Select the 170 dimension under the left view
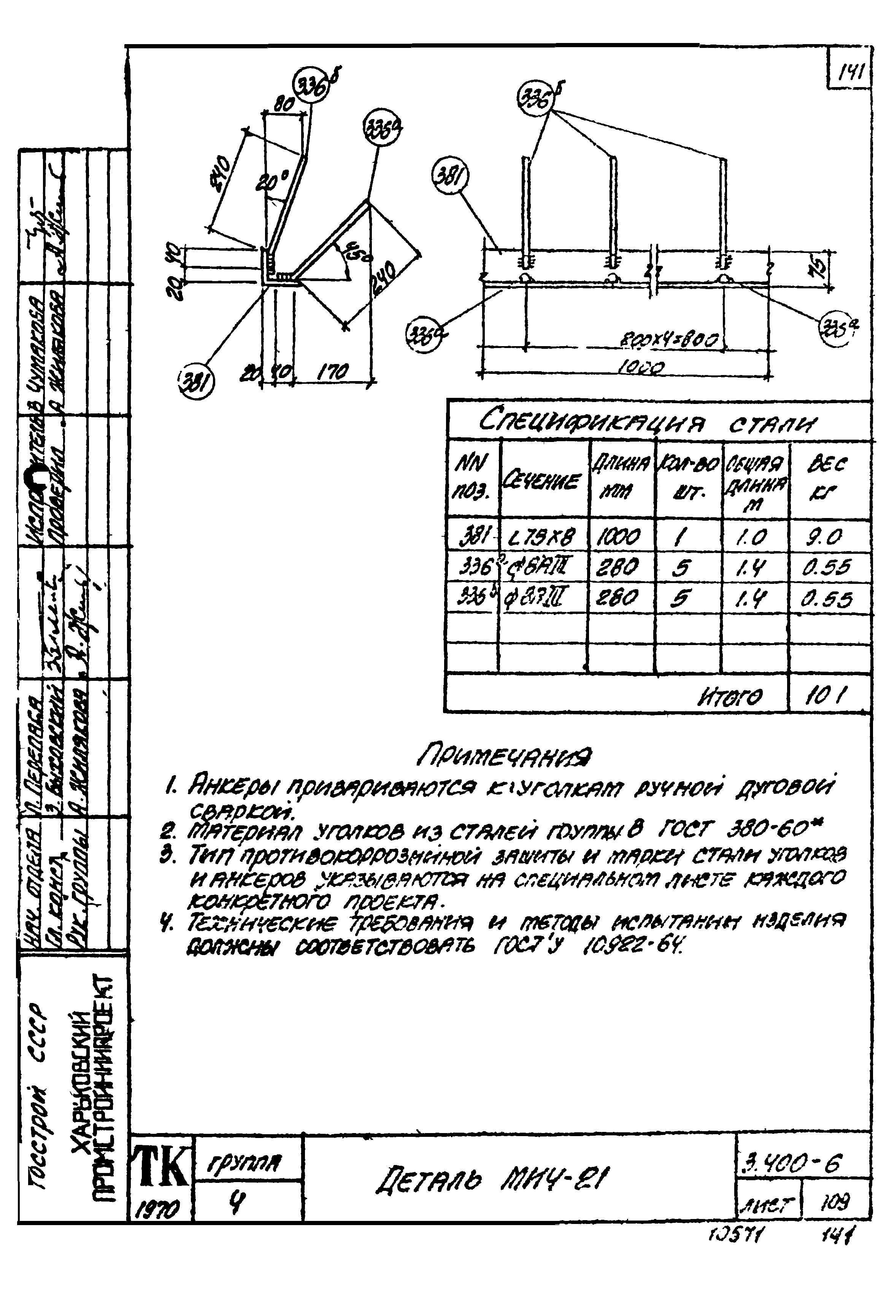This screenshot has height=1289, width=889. click(333, 372)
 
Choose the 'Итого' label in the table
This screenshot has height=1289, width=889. click(730, 697)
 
